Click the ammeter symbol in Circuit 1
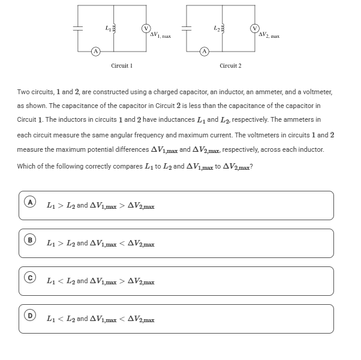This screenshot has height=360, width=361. coord(95,51)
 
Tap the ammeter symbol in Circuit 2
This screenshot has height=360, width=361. coord(204,51)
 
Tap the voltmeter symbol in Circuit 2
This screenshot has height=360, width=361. coord(255,28)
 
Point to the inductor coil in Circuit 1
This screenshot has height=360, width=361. coord(114,28)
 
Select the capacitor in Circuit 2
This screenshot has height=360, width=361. coord(185,28)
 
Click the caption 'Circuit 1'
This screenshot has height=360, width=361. coord(122,65)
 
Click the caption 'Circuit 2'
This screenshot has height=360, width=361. coord(230,65)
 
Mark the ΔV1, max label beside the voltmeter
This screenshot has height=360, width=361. coord(160,35)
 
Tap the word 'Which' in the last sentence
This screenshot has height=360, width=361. coord(26,166)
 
